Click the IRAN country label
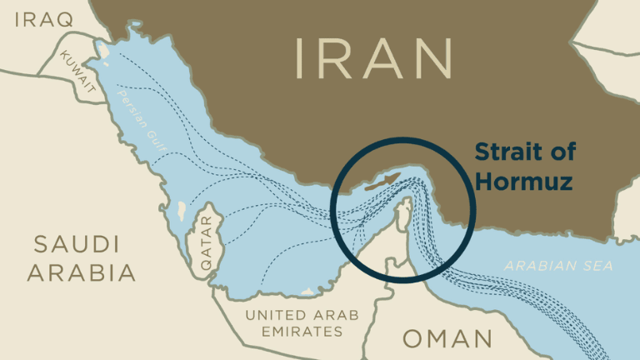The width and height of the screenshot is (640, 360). [375, 57]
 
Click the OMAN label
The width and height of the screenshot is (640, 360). [447, 338]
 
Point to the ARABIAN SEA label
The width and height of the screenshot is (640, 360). [558, 267]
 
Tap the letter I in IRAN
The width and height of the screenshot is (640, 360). [300, 57]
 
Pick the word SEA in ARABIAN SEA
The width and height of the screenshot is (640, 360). [598, 267]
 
